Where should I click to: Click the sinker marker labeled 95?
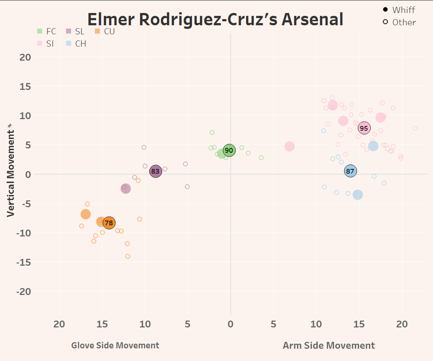[364, 128]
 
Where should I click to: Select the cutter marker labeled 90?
[229, 150]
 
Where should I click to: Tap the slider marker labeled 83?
[156, 171]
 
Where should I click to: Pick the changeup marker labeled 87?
[350, 171]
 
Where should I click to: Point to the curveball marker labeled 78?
[109, 223]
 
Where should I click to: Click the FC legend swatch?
[40, 31]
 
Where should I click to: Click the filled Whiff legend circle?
[385, 10]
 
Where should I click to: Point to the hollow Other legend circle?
[385, 22]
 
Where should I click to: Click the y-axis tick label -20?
[24, 291]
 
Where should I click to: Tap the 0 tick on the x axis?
[231, 324]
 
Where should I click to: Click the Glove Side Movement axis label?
[115, 345]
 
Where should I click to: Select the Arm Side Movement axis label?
[329, 345]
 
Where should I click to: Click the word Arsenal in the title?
[312, 19]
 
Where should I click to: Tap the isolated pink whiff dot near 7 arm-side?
[289, 146]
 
